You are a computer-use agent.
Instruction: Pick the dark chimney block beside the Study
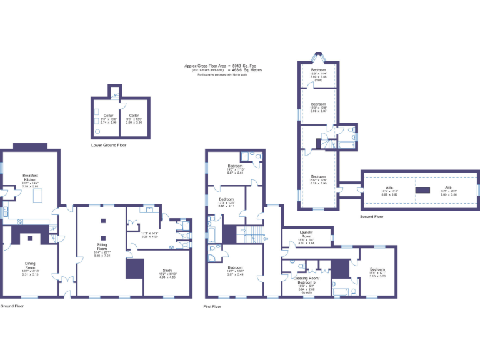point(134,269)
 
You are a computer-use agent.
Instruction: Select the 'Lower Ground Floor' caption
point(109,145)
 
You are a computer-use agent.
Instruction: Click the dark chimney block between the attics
point(423,190)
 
